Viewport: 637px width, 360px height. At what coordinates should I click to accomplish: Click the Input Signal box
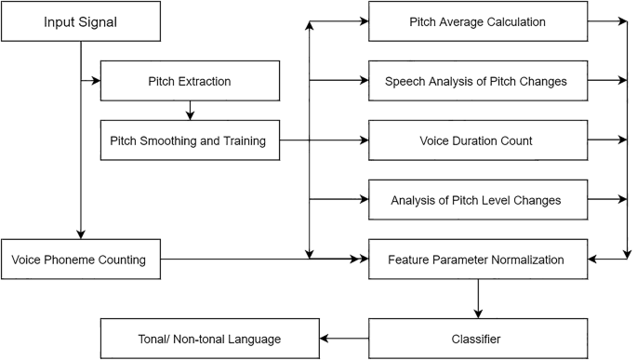(x=81, y=22)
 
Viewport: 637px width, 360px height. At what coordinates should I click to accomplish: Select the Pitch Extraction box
(x=189, y=82)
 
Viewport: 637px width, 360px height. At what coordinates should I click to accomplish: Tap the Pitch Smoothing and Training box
(x=189, y=141)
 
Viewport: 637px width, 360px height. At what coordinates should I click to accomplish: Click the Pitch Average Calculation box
(x=477, y=22)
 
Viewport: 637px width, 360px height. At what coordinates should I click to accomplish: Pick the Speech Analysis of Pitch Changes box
(x=477, y=82)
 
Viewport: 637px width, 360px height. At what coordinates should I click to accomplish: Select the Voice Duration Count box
(x=477, y=141)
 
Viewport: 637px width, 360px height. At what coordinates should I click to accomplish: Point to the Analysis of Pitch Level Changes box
(x=477, y=200)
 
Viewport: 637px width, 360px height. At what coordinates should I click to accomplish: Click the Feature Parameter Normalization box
(x=477, y=260)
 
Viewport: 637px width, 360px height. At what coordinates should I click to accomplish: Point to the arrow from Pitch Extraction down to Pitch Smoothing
(x=189, y=111)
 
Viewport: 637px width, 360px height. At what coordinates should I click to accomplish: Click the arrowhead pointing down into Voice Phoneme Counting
(x=81, y=233)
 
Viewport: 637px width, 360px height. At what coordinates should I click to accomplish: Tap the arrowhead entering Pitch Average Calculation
(x=363, y=22)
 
